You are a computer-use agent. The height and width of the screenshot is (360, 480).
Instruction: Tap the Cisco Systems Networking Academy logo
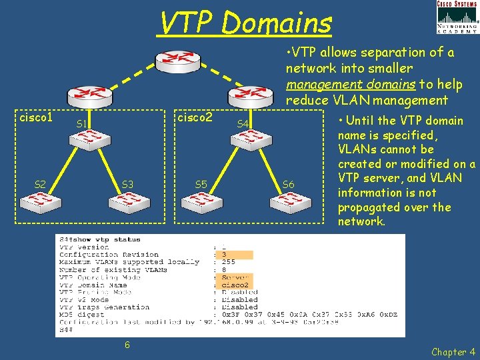tap(457, 17)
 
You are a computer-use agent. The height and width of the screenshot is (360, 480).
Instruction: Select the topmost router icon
tap(173, 62)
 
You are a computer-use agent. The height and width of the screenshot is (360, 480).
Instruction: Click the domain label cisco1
tap(36, 117)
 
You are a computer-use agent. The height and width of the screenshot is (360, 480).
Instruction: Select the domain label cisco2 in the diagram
tap(195, 117)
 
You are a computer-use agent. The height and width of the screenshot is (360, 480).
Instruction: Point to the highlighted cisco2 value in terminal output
tap(235, 285)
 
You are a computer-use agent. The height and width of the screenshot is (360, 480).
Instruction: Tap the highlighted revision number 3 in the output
tap(225, 255)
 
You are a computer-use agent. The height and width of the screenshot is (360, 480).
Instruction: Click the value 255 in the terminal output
tap(229, 262)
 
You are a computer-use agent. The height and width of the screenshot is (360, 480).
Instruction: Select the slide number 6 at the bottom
tap(127, 345)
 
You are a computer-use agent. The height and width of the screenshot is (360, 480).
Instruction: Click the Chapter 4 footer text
tap(453, 351)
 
